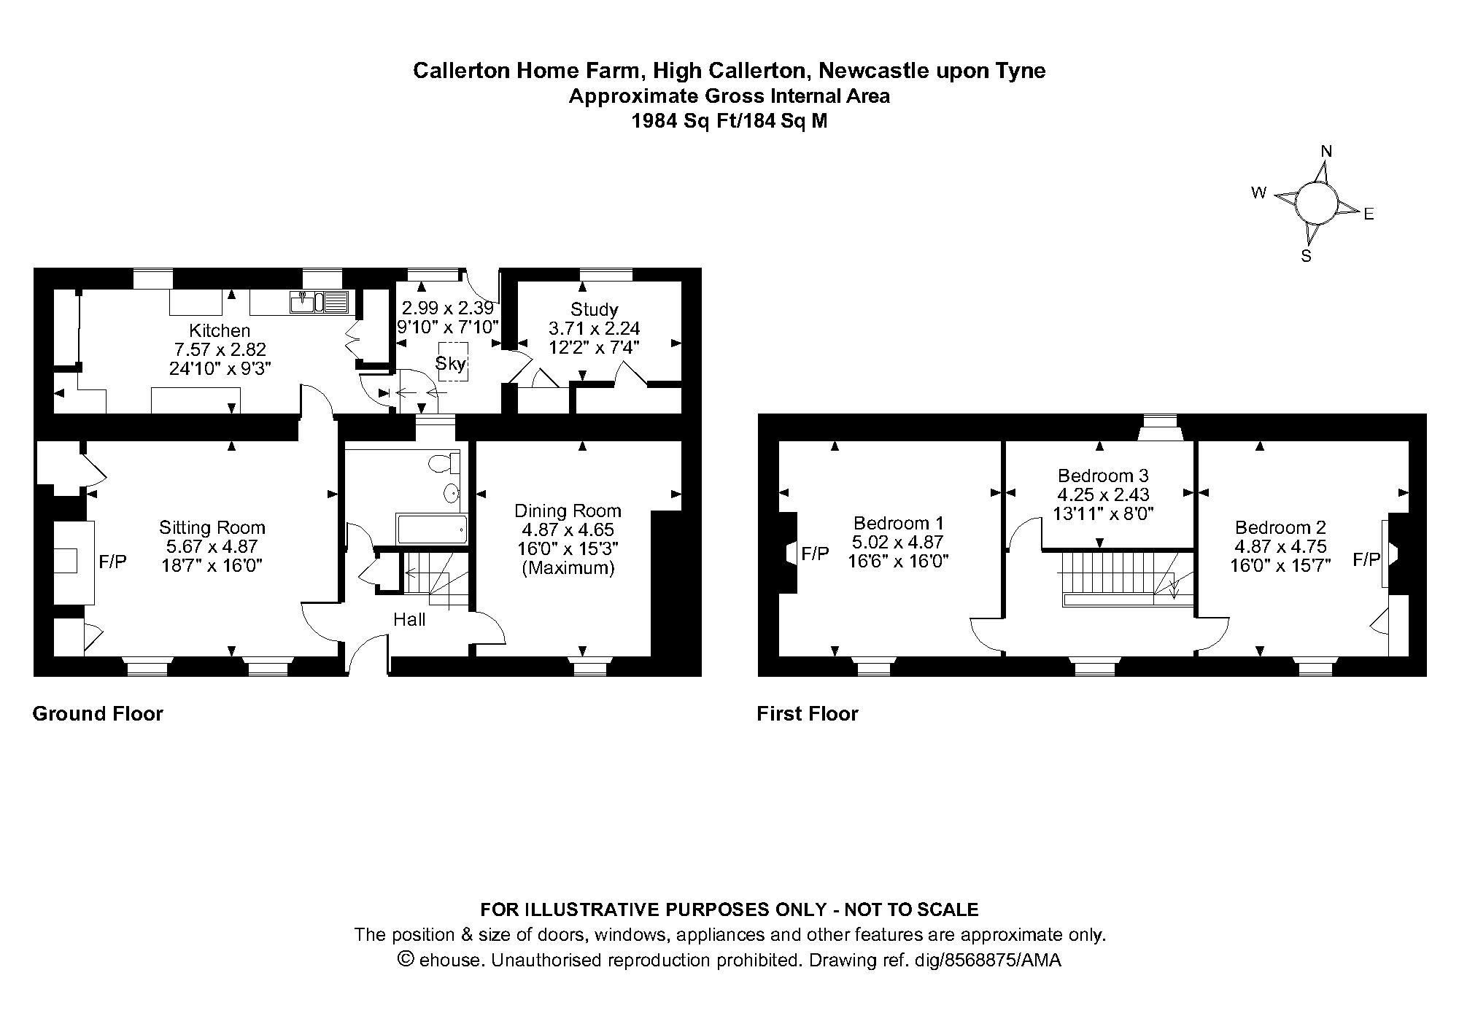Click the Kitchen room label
pos(220,330)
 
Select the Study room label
pos(594,309)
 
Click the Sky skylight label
pos(451,363)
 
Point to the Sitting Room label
pos(212,527)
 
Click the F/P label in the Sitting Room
pos(113,562)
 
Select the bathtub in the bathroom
pos(431,529)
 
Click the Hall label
pos(409,620)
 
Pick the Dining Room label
pos(568,511)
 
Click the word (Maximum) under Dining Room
pos(568,567)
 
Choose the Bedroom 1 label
pos(899,523)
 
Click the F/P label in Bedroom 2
pos(1367,559)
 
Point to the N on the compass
pos(1327,152)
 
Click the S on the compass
pos(1307,256)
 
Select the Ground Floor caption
pos(98,713)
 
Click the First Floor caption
pos(808,713)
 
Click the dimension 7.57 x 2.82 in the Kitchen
pos(219,349)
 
